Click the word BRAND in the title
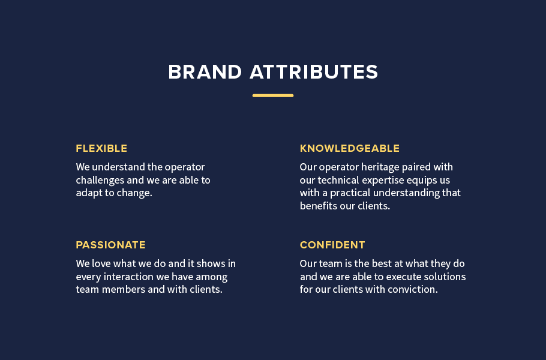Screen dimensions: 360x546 point(205,72)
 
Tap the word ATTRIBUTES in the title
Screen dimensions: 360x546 point(314,72)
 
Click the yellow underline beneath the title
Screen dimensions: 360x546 point(273,95)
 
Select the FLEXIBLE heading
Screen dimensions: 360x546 point(101,148)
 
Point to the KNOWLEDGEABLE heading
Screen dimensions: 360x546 point(350,148)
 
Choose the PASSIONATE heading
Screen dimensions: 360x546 point(110,245)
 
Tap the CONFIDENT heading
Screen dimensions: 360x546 point(332,245)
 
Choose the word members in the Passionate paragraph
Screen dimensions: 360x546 point(122,290)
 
